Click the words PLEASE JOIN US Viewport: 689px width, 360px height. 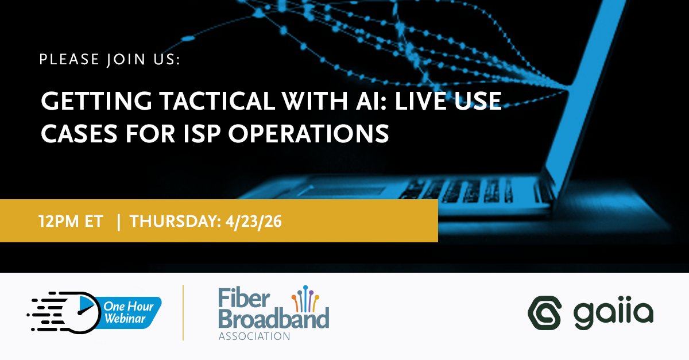[110, 59]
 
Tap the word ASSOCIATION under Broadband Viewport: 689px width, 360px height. [254, 336]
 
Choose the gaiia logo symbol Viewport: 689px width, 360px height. [543, 314]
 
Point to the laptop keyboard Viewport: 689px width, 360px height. [459, 190]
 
